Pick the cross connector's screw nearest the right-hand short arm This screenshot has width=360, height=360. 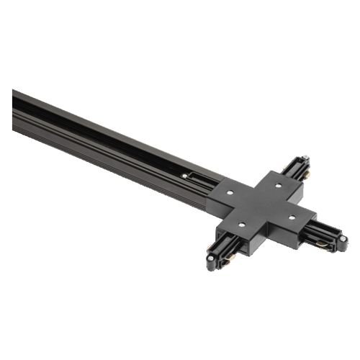292,215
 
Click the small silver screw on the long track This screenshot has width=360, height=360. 186,175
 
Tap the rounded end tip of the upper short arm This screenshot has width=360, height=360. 306,161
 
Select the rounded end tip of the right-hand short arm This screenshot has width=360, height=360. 341,243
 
